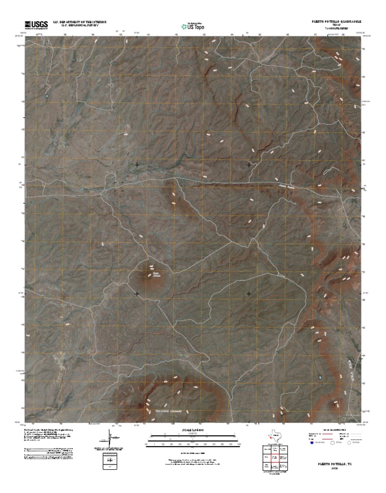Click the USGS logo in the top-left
point(36,24)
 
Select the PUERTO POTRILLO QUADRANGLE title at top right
point(335,22)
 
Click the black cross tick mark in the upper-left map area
point(137,165)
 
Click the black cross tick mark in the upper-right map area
point(249,165)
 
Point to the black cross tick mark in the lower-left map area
point(137,293)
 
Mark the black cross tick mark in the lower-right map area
point(249,293)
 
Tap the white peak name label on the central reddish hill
point(156,274)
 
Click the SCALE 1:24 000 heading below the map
point(193,430)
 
